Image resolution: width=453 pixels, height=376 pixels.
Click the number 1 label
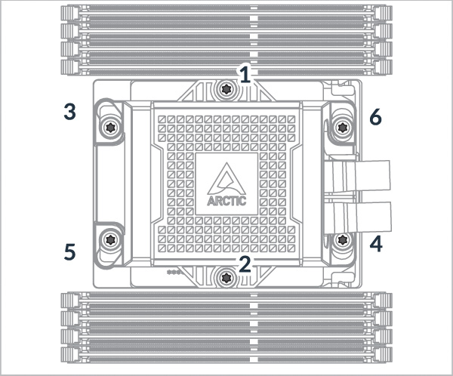coord(243,73)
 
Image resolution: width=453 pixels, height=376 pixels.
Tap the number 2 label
coord(243,263)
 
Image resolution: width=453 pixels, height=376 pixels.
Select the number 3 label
coord(69,112)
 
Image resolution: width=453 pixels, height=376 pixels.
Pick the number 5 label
coord(69,251)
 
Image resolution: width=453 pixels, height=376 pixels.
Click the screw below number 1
coord(225,91)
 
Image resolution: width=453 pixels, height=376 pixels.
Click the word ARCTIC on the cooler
coord(225,202)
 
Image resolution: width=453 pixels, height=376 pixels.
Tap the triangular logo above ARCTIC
coord(225,180)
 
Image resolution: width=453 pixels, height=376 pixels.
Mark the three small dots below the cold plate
coord(173,271)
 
